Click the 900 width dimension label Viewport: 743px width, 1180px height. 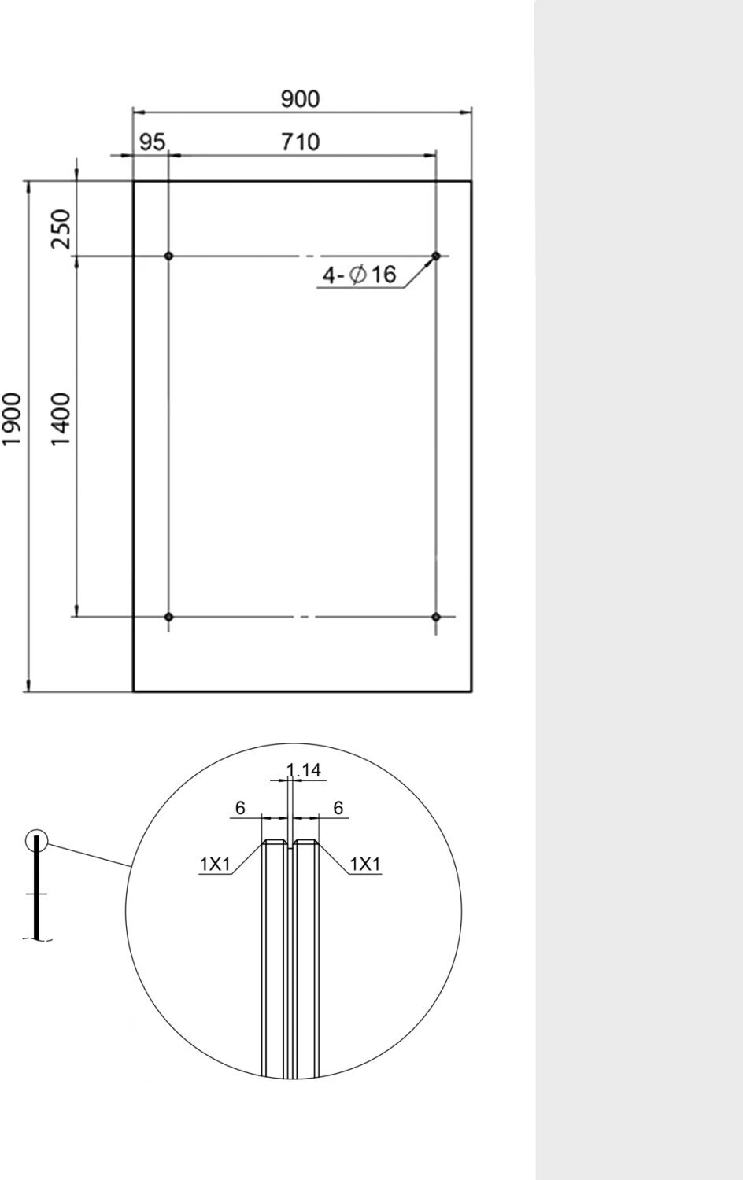click(x=301, y=99)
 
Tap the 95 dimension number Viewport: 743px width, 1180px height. click(x=152, y=142)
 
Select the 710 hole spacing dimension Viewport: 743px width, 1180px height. click(x=301, y=142)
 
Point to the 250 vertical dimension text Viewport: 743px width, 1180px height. click(x=61, y=229)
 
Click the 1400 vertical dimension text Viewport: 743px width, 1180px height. click(x=61, y=419)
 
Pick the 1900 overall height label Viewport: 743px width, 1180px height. click(x=12, y=419)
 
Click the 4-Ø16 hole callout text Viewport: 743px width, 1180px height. click(x=359, y=275)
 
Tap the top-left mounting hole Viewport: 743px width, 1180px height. click(x=168, y=256)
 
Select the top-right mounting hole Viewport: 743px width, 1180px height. click(x=436, y=256)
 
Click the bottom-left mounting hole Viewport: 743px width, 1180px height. click(x=168, y=616)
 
